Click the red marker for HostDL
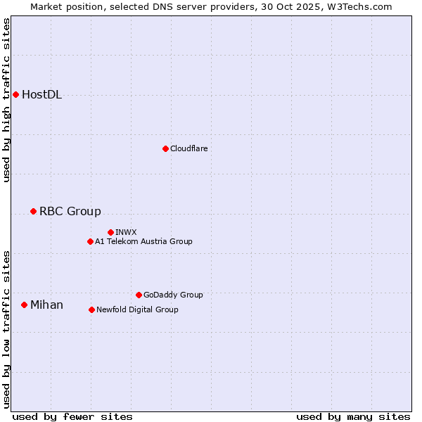click(x=15, y=94)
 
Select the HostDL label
click(x=41, y=95)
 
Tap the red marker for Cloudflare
click(x=165, y=148)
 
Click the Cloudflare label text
click(x=188, y=148)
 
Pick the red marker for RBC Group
click(x=33, y=211)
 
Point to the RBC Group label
click(x=70, y=211)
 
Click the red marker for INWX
click(x=110, y=232)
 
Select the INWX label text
click(x=126, y=232)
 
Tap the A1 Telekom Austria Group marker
click(x=90, y=241)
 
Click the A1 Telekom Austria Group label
click(x=143, y=241)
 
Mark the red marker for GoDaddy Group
click(x=139, y=295)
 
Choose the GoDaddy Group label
click(x=172, y=295)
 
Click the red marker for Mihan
click(x=24, y=305)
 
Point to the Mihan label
click(x=46, y=305)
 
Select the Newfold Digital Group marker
click(x=91, y=309)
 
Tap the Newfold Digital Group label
click(x=137, y=309)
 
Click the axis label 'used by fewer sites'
click(x=72, y=416)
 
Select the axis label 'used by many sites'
click(x=353, y=416)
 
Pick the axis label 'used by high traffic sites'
click(x=7, y=100)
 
